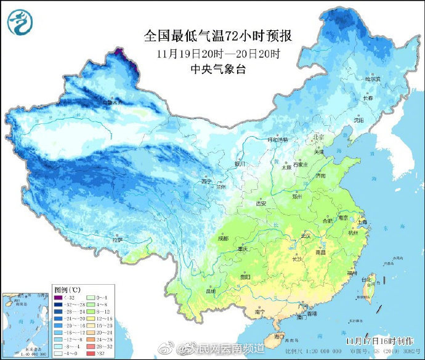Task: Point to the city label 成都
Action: coord(222,239)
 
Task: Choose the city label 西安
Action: coord(261,203)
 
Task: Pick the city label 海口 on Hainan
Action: coord(279,337)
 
